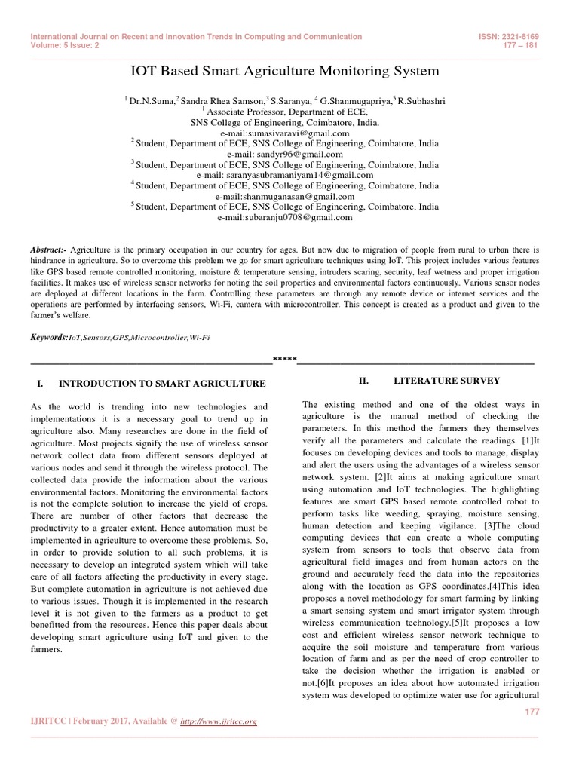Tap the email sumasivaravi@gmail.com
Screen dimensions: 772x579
pyautogui.click(x=285, y=132)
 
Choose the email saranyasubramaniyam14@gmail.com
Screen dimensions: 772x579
pyautogui.click(x=285, y=174)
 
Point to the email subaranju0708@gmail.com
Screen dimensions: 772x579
pyautogui.click(x=285, y=216)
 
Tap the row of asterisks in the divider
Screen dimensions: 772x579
pyautogui.click(x=284, y=359)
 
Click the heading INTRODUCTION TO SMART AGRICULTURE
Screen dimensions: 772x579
pyautogui.click(x=162, y=384)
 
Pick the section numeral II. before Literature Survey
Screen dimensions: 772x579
pyautogui.click(x=363, y=381)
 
